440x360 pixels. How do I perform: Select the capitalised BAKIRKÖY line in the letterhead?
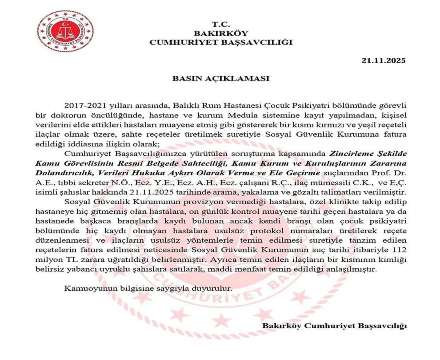pyautogui.click(x=221, y=33)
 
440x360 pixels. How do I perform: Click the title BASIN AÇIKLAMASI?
pyautogui.click(x=221, y=78)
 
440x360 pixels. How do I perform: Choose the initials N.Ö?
pyautogui.click(x=129, y=183)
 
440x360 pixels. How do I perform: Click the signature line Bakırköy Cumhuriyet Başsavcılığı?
pyautogui.click(x=335, y=326)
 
